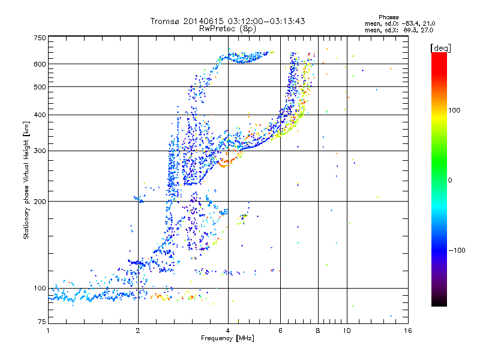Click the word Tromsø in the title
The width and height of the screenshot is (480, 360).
pyautogui.click(x=165, y=21)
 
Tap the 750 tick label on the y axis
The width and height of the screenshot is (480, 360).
pyautogui.click(x=40, y=38)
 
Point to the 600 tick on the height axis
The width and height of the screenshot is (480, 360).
pyautogui.click(x=40, y=64)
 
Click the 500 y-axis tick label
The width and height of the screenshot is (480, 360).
pyautogui.click(x=40, y=87)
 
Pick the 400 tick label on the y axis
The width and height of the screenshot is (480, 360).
pyautogui.click(x=40, y=115)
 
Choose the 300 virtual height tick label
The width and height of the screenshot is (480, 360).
pyautogui.click(x=40, y=151)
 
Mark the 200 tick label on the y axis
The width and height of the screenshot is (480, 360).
pyautogui.click(x=40, y=202)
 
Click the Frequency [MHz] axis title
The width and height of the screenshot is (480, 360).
pyautogui.click(x=227, y=338)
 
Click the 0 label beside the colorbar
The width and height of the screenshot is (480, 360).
pyautogui.click(x=451, y=180)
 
